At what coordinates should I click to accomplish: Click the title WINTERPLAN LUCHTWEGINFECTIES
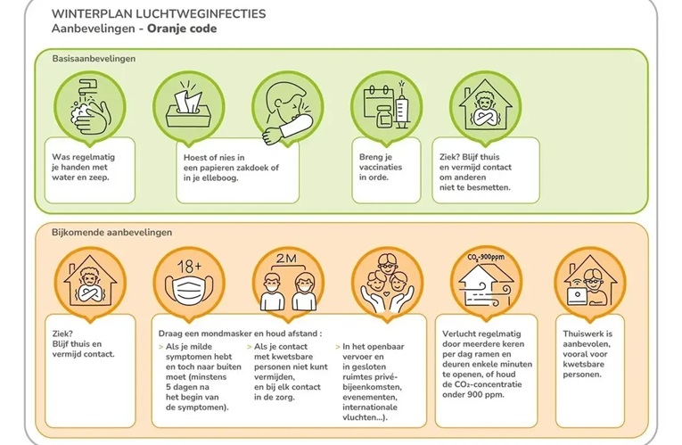158,14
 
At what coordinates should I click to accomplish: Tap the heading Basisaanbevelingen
87,59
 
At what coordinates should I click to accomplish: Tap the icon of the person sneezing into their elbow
286,105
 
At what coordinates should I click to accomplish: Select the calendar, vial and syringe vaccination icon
385,105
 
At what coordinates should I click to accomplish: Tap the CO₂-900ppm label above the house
484,258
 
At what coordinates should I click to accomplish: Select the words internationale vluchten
372,409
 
